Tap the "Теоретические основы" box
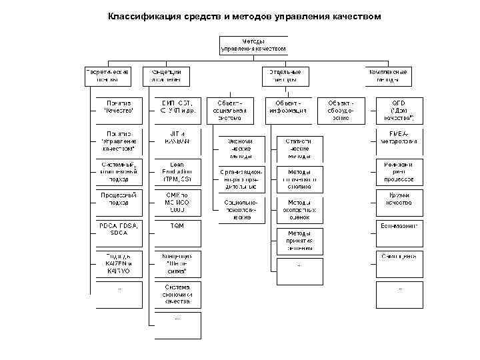click(107, 75)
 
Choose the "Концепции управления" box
click(166, 75)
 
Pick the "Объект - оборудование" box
click(344, 110)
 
